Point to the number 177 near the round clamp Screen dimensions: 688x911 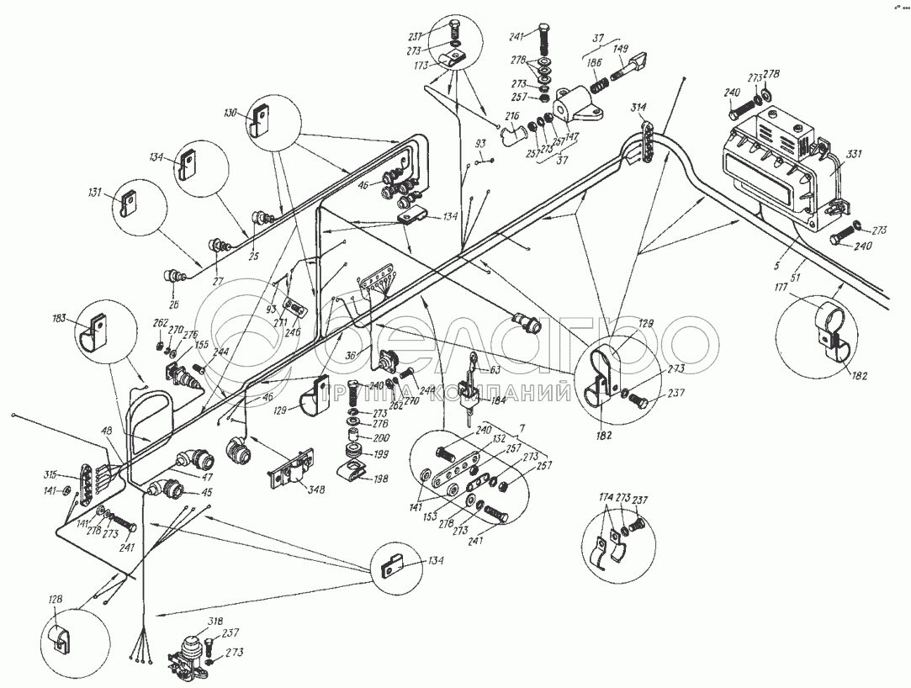[x=782, y=289]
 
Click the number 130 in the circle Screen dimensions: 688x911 [x=231, y=112]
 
